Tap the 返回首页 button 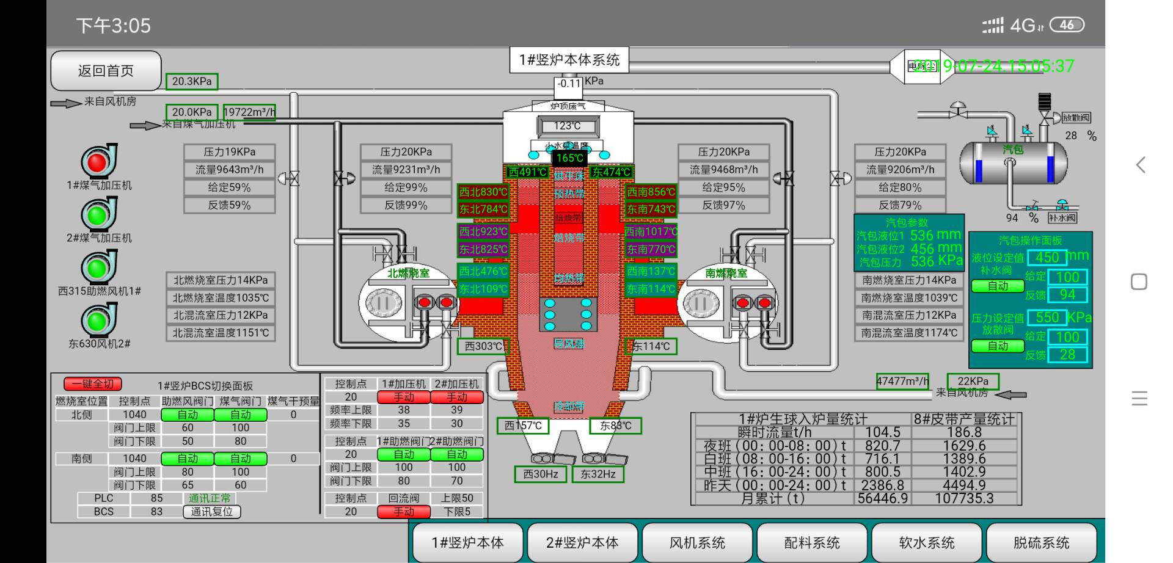pyautogui.click(x=106, y=71)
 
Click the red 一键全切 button pyautogui.click(x=93, y=384)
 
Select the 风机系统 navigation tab pyautogui.click(x=697, y=542)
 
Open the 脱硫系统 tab pyautogui.click(x=1041, y=542)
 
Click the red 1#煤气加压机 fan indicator pyautogui.click(x=98, y=162)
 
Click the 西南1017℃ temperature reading pyautogui.click(x=651, y=232)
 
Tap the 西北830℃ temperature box pyautogui.click(x=483, y=192)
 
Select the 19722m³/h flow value pyautogui.click(x=249, y=112)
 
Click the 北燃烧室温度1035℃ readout pyautogui.click(x=221, y=298)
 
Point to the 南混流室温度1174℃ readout pyautogui.click(x=909, y=333)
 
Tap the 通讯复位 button pyautogui.click(x=211, y=512)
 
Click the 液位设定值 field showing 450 pyautogui.click(x=1047, y=257)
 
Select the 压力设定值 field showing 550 pyautogui.click(x=1047, y=318)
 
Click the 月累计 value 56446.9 pyautogui.click(x=883, y=498)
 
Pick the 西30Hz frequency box pyautogui.click(x=541, y=474)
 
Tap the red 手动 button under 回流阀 pyautogui.click(x=404, y=512)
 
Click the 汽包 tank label pyautogui.click(x=1012, y=150)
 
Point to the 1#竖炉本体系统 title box pyautogui.click(x=569, y=60)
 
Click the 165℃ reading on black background pyautogui.click(x=569, y=158)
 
